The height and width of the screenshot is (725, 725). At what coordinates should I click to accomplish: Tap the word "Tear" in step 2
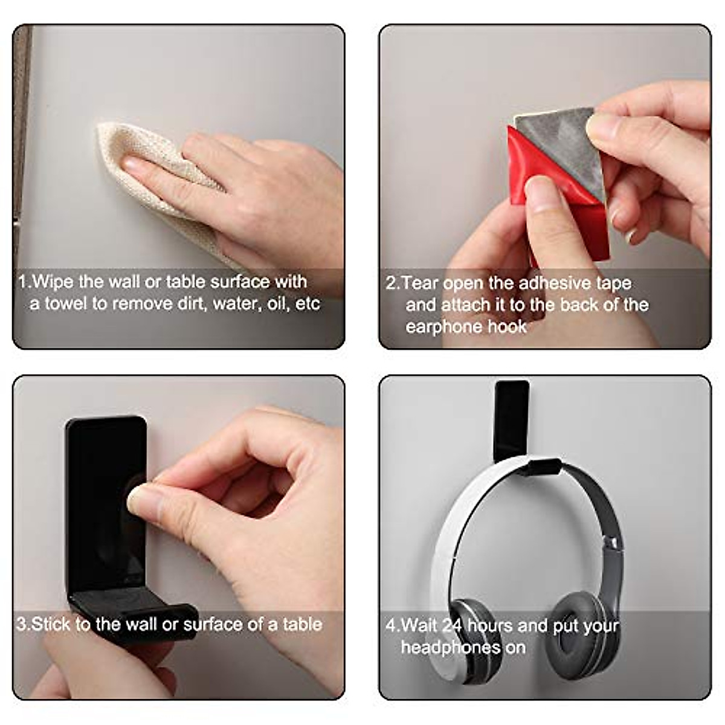[420, 283]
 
